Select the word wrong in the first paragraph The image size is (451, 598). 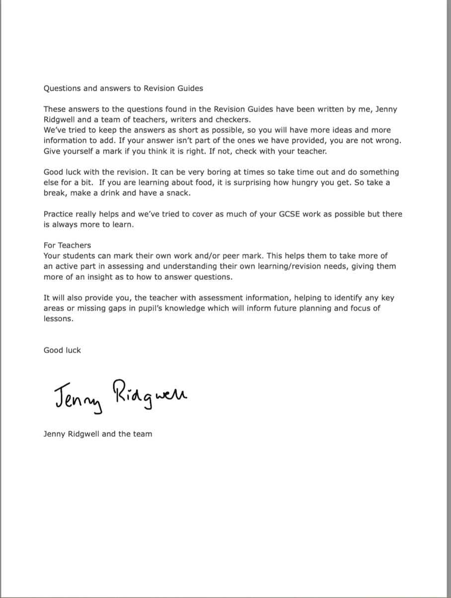(x=388, y=140)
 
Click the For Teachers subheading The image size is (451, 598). (x=67, y=245)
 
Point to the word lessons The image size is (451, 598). (x=58, y=319)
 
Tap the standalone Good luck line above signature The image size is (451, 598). (x=62, y=350)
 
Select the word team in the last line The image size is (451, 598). (x=143, y=434)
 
